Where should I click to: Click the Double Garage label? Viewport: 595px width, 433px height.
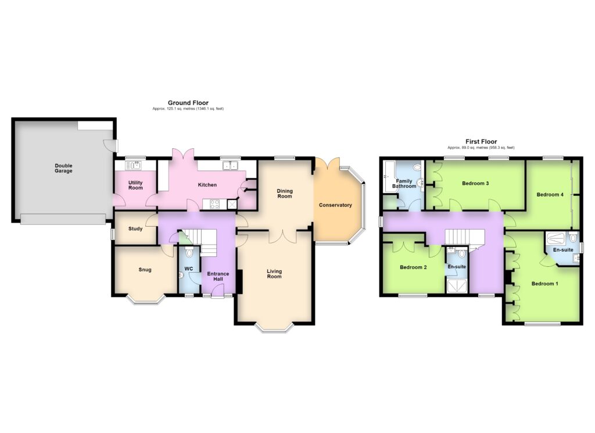[x=63, y=168]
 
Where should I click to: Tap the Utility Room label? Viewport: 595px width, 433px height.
[x=135, y=185]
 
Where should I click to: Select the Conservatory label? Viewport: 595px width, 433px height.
[x=335, y=205]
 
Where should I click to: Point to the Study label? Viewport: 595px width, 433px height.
[x=135, y=228]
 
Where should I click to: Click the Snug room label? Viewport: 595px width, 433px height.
[x=145, y=270]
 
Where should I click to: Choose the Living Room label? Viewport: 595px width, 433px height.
[x=274, y=274]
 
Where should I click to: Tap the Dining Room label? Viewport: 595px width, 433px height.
[x=285, y=194]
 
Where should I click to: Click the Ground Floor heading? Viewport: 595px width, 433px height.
[x=188, y=102]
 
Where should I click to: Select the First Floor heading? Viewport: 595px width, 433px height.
[x=481, y=142]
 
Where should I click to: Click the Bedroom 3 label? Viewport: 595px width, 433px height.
[x=475, y=183]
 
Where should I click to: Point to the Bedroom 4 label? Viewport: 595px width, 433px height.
[x=550, y=195]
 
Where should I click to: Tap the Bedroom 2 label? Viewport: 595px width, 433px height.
[x=413, y=267]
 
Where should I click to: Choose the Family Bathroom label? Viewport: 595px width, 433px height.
[x=404, y=184]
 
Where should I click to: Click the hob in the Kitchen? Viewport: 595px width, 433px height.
[x=214, y=204]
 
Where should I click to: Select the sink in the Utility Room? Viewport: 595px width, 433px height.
[x=133, y=165]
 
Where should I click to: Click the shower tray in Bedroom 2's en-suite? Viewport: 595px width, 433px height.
[x=457, y=286]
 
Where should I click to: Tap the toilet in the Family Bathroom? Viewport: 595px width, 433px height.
[x=418, y=167]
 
